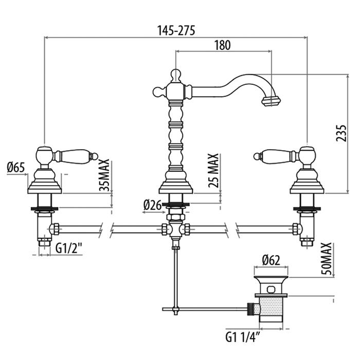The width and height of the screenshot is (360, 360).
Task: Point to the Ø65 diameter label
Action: [16, 167]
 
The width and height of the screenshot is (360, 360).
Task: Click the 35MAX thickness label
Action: [104, 175]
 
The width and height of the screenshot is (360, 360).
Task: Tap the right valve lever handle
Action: [277, 154]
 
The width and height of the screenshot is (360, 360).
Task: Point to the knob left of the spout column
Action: [158, 92]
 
